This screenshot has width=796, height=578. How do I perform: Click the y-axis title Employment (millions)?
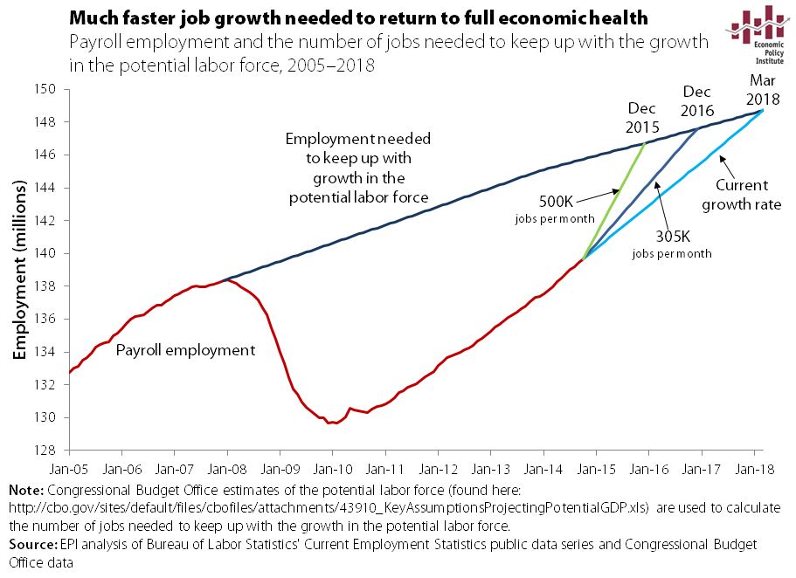(18, 271)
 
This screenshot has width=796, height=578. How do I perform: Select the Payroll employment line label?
(185, 350)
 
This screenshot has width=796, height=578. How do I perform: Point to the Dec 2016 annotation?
(698, 100)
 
